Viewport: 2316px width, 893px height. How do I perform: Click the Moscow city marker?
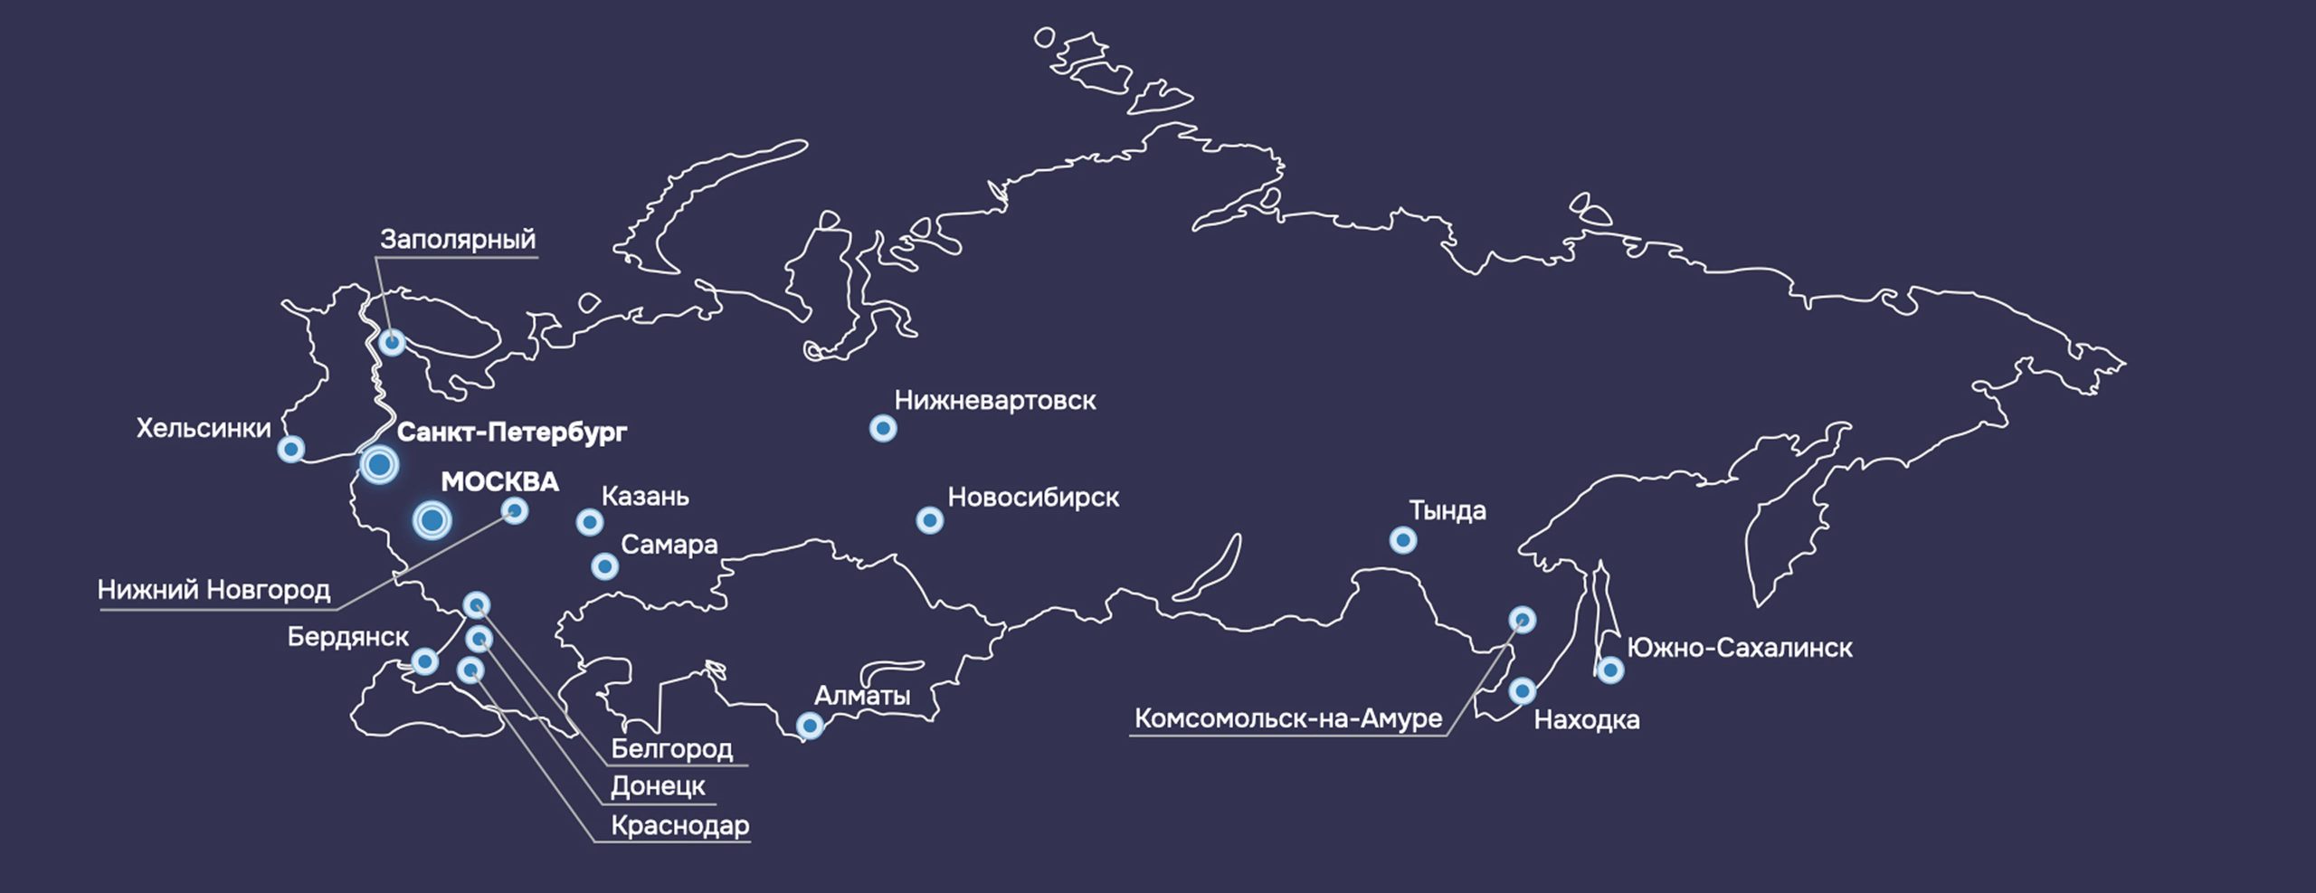click(x=432, y=520)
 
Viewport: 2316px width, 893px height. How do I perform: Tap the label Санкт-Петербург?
click(x=511, y=432)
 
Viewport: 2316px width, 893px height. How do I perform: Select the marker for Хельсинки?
click(x=290, y=448)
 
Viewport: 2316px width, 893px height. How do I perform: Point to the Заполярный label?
click(x=458, y=240)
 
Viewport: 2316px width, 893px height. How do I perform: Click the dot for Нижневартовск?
click(x=883, y=428)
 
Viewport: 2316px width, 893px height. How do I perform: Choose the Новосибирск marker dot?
click(x=929, y=520)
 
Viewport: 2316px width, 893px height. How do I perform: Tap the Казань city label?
click(x=645, y=497)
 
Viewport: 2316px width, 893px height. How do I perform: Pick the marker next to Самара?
click(x=604, y=566)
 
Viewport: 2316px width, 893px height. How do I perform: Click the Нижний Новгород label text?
click(x=214, y=590)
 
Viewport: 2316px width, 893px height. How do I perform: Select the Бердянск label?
click(x=348, y=637)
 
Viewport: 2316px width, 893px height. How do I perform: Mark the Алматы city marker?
click(x=810, y=725)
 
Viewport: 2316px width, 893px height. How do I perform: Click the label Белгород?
click(x=672, y=749)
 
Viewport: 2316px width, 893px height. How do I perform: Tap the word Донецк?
click(x=658, y=786)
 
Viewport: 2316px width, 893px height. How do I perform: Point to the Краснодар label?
click(x=680, y=825)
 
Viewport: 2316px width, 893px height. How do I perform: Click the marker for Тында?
click(x=1402, y=540)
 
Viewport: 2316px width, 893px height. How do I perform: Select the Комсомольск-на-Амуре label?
click(x=1288, y=718)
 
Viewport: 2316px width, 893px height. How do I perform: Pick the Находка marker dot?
click(x=1522, y=691)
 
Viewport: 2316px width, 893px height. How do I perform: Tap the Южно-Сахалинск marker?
click(x=1609, y=670)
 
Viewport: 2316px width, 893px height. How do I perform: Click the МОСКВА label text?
click(x=499, y=482)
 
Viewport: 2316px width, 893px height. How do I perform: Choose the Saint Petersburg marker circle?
click(x=379, y=465)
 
